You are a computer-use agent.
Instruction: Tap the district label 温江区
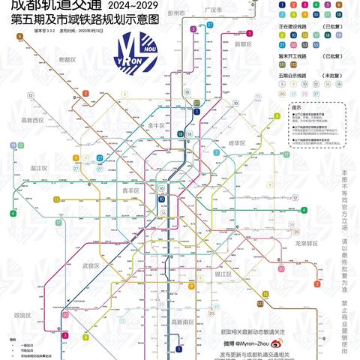tap(39, 169)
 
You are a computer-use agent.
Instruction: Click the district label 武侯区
tap(91, 265)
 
